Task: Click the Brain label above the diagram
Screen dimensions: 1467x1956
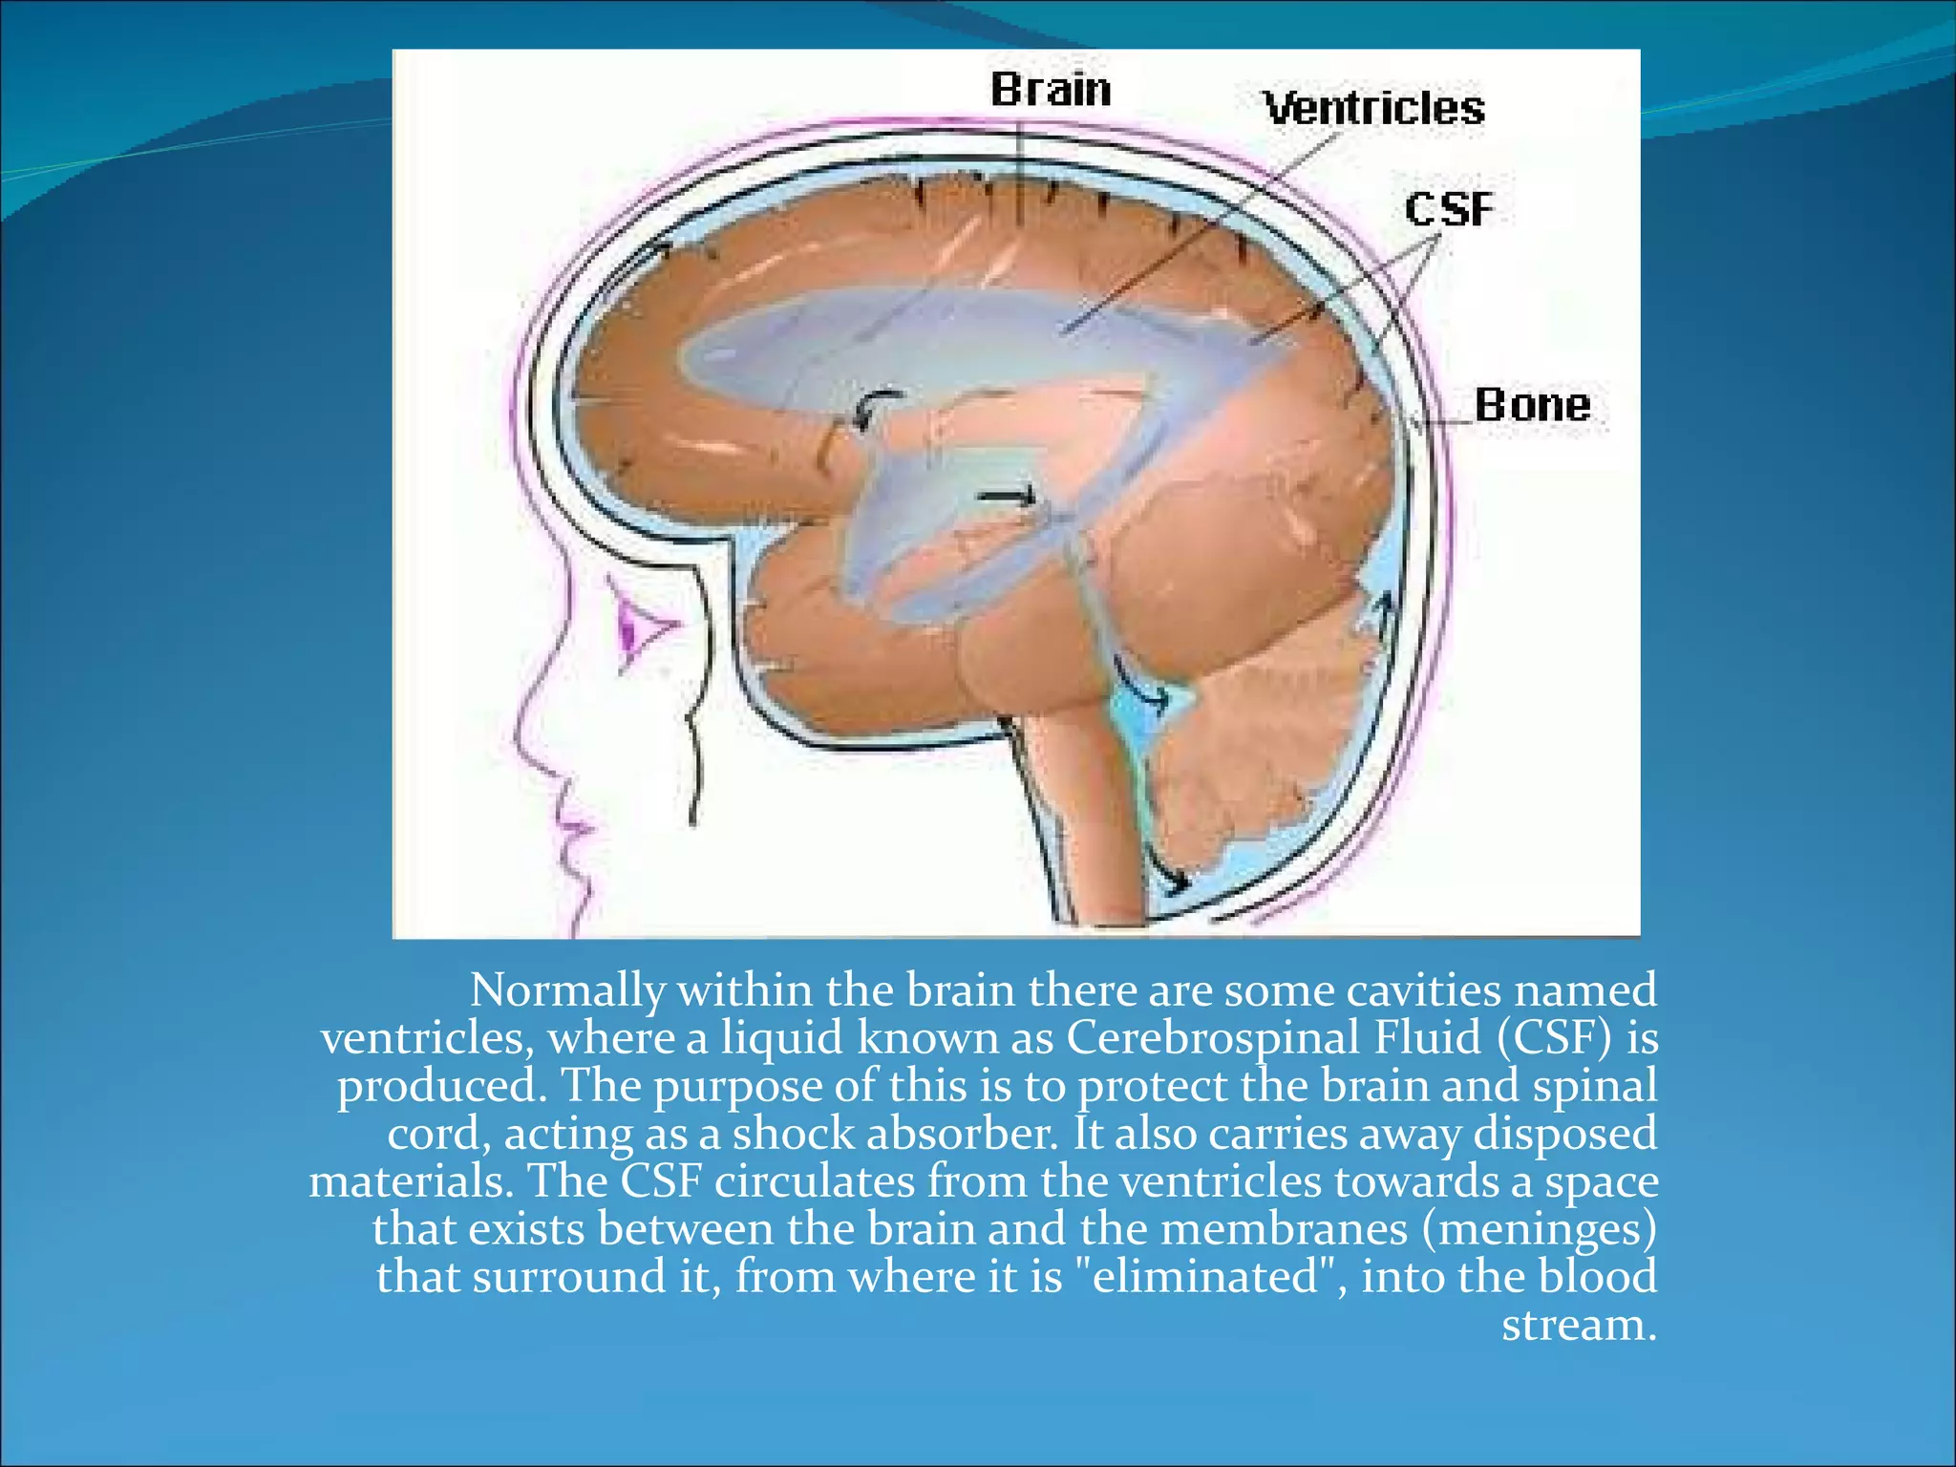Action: point(1051,90)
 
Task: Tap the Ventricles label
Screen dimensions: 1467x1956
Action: point(1373,107)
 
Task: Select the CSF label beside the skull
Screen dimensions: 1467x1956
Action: point(1448,209)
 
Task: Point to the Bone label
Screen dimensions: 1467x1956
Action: point(1532,405)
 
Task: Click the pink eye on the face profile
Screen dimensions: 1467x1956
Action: point(635,628)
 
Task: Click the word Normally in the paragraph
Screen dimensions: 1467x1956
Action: point(566,990)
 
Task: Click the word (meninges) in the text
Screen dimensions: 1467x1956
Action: point(1539,1229)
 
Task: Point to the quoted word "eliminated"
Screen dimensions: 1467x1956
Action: point(1205,1277)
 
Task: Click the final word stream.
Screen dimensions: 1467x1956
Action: point(1578,1325)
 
